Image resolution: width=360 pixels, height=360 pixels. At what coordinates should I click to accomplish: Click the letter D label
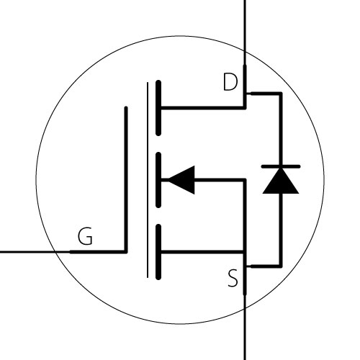coord(230,82)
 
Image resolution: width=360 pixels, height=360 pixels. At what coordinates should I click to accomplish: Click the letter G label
coord(85,236)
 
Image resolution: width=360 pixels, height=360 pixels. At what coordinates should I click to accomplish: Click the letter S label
coord(233,279)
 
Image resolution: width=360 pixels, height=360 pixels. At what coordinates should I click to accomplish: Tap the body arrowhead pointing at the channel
coord(181,180)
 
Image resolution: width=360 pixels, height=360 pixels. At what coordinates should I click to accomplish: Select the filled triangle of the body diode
coord(281,181)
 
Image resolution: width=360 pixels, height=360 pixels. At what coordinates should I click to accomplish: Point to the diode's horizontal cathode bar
coord(281,166)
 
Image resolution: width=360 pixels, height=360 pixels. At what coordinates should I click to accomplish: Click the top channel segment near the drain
coord(158,108)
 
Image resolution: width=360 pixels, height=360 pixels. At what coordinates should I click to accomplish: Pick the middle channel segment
coord(158,180)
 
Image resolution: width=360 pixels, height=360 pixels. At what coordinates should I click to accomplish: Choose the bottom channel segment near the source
coord(158,252)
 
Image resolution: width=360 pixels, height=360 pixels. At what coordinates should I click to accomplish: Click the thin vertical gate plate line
coord(148,180)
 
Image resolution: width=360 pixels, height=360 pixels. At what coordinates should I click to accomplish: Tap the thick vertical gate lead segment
coord(126,179)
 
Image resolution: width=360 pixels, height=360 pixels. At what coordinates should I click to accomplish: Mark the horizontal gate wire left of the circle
coord(27,252)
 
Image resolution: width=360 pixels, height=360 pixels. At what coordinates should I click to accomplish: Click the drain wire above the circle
coord(245,25)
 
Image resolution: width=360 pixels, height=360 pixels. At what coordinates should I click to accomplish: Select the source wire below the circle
coord(245,334)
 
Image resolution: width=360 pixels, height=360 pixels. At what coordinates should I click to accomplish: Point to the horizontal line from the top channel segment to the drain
coord(203,108)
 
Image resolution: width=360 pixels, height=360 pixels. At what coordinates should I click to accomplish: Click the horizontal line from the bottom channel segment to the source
coord(203,252)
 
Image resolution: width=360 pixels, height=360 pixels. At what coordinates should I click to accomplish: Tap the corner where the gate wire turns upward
coord(126,251)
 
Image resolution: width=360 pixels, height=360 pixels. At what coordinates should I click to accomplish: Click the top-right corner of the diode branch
coord(281,94)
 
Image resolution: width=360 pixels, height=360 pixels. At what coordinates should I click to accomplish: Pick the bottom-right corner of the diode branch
coord(281,266)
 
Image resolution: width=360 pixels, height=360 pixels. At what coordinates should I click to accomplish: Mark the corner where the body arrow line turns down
coord(245,180)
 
